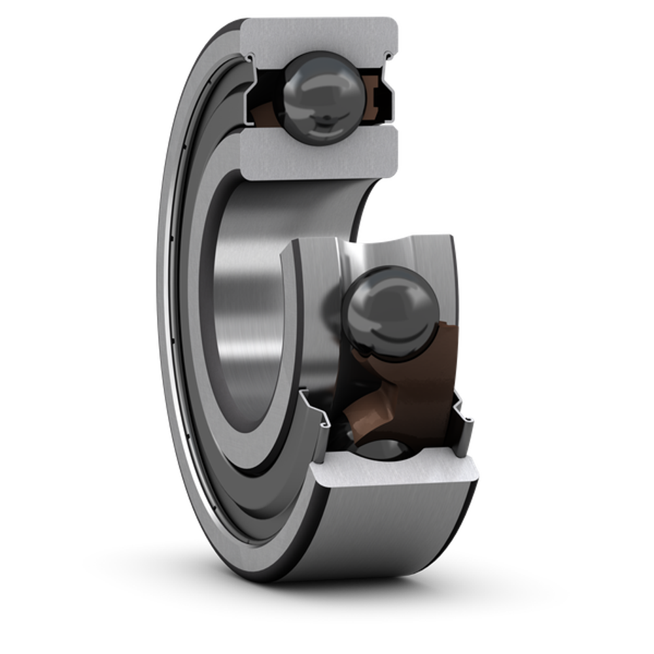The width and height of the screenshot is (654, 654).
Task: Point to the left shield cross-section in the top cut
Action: click(250, 98)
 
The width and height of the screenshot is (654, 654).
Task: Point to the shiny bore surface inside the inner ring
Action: click(249, 288)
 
